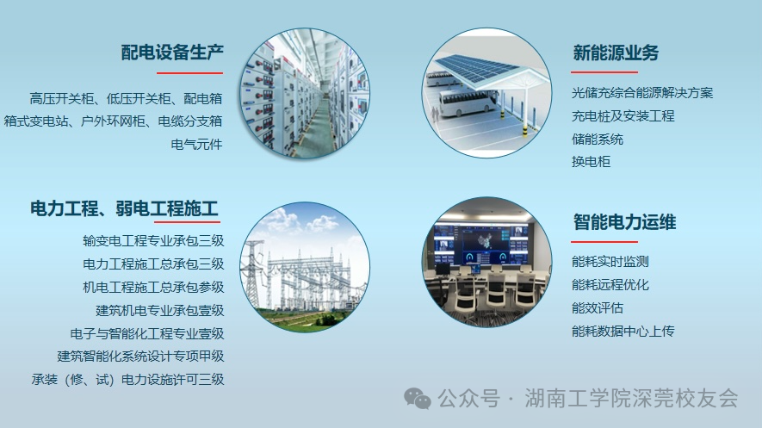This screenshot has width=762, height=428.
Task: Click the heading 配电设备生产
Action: click(172, 52)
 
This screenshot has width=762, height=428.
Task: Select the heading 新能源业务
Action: click(616, 53)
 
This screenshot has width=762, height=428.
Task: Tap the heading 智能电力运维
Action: click(624, 222)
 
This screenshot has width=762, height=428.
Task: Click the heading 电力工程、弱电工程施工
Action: click(124, 209)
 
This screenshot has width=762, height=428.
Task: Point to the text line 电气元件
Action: click(196, 145)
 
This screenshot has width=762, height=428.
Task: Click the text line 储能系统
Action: click(598, 140)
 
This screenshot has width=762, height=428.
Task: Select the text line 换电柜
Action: click(591, 162)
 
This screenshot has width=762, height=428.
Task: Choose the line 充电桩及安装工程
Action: click(623, 116)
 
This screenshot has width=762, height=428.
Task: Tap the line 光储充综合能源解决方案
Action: click(642, 93)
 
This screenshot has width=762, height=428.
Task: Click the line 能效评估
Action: click(598, 308)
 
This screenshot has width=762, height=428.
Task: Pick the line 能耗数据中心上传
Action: click(623, 332)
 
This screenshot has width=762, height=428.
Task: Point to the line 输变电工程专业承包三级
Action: click(153, 240)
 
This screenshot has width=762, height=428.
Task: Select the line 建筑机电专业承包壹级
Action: click(160, 310)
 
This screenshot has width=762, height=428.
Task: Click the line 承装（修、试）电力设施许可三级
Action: click(127, 380)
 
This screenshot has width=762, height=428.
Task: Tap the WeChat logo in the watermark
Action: click(418, 399)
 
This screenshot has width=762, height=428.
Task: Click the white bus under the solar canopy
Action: click(468, 102)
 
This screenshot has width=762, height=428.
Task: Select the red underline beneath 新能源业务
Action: click(604, 72)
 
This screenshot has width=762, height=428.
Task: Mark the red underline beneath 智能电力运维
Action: click(604, 241)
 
